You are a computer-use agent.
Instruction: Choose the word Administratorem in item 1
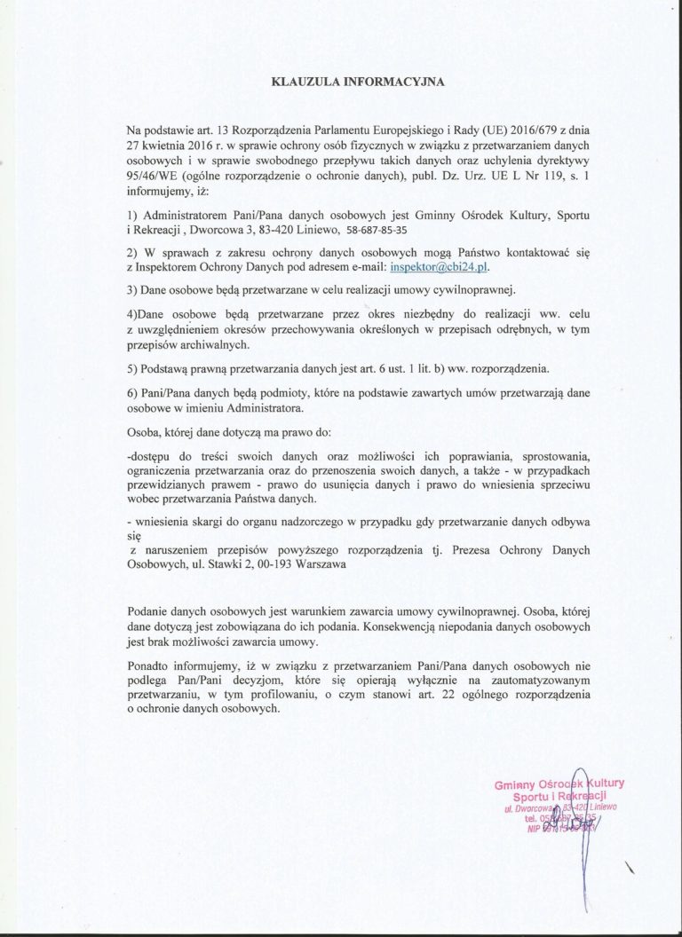coord(183,214)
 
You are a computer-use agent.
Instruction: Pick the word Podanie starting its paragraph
coord(150,611)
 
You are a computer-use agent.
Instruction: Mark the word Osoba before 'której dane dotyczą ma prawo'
coord(147,431)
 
